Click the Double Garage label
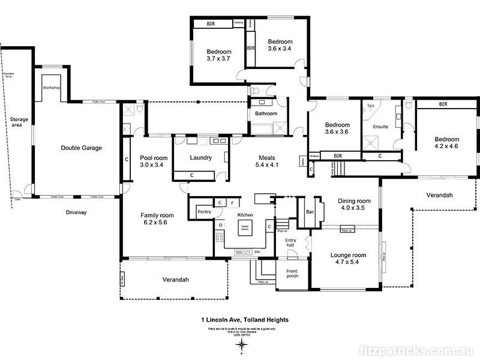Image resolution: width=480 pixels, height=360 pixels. click(81, 148)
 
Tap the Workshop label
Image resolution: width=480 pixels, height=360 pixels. click(52, 88)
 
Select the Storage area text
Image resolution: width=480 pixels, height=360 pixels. click(19, 123)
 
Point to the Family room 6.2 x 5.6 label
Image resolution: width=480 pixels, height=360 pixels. click(157, 218)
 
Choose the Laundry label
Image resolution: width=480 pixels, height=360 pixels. click(200, 158)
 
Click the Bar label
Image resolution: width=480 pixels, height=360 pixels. click(310, 212)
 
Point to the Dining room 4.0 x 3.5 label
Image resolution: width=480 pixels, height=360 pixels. click(352, 205)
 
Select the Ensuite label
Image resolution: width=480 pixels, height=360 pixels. click(380, 127)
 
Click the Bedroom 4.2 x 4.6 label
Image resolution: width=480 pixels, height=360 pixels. click(446, 142)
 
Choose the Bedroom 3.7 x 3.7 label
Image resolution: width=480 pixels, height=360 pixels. click(219, 55)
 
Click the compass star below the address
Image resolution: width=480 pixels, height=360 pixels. click(242, 344)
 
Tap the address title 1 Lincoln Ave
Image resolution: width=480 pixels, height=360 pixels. click(245, 320)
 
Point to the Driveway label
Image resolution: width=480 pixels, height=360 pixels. click(77, 212)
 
